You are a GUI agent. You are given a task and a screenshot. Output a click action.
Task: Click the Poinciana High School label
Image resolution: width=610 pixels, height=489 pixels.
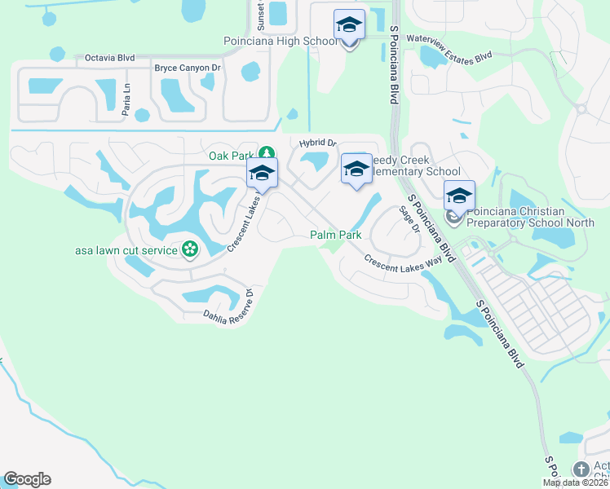pos(280,41)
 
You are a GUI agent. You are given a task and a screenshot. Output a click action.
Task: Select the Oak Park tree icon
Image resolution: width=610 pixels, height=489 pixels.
pos(266,152)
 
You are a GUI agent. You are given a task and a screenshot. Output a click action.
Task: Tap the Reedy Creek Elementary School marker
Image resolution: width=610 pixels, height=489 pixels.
pos(356,169)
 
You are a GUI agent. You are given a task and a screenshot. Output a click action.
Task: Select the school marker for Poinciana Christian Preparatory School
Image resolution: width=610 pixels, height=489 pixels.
pos(459,196)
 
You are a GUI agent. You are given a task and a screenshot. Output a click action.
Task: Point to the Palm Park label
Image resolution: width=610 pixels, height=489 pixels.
pos(335,235)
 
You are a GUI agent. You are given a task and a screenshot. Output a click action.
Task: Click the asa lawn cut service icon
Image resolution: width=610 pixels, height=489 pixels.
pos(190,249)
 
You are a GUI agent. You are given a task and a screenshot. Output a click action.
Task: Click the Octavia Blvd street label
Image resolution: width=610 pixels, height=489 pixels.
pos(109,59)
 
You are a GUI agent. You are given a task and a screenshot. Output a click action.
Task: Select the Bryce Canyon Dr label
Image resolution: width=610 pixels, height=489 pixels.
pos(188,68)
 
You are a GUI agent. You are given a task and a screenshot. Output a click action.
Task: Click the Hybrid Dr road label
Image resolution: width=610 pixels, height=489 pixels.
pos(317,143)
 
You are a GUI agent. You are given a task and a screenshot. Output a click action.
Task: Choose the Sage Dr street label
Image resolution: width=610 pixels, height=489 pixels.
pos(409,219)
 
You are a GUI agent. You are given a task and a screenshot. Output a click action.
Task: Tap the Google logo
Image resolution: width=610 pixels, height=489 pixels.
pos(27,479)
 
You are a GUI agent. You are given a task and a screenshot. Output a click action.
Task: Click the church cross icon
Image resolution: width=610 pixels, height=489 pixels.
pos(581,469)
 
